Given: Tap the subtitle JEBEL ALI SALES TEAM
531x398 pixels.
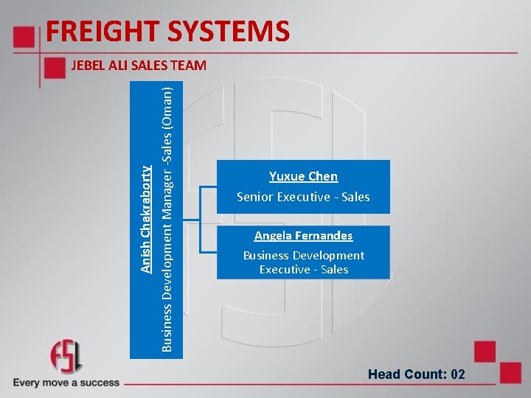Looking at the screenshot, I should click(x=139, y=66).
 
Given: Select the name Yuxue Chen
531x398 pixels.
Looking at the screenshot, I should click(x=303, y=176).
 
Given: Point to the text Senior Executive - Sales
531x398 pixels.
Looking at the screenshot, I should click(x=303, y=197).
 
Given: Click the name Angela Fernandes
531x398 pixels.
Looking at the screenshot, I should click(x=303, y=236).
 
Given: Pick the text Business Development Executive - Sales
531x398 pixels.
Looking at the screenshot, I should click(x=303, y=262).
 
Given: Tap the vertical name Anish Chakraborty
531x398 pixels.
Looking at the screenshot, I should click(x=147, y=219).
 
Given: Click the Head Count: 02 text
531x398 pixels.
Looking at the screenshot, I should click(x=417, y=374).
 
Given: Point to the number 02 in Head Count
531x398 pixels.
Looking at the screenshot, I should click(x=457, y=374).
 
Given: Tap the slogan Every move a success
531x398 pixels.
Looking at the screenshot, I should click(x=66, y=383).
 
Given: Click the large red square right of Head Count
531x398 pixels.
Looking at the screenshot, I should click(x=485, y=352).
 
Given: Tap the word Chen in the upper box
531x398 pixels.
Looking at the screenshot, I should click(x=323, y=176).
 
